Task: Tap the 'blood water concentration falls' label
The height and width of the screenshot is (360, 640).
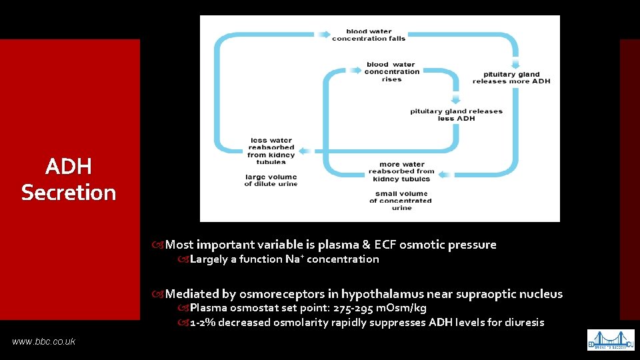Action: [369, 35]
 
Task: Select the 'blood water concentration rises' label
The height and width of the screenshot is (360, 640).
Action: [391, 72]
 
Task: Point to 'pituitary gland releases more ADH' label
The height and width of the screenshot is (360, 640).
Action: [511, 77]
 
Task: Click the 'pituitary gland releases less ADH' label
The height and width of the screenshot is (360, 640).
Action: [456, 115]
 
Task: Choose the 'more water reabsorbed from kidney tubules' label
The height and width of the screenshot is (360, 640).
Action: [401, 171]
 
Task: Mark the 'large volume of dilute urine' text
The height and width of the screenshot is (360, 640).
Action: [271, 180]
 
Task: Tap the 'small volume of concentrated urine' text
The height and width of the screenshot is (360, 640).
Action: [401, 201]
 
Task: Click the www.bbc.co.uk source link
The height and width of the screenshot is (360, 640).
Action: [43, 341]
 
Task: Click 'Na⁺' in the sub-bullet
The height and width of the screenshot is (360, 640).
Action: [293, 259]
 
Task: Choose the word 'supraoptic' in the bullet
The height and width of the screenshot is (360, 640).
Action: [491, 294]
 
